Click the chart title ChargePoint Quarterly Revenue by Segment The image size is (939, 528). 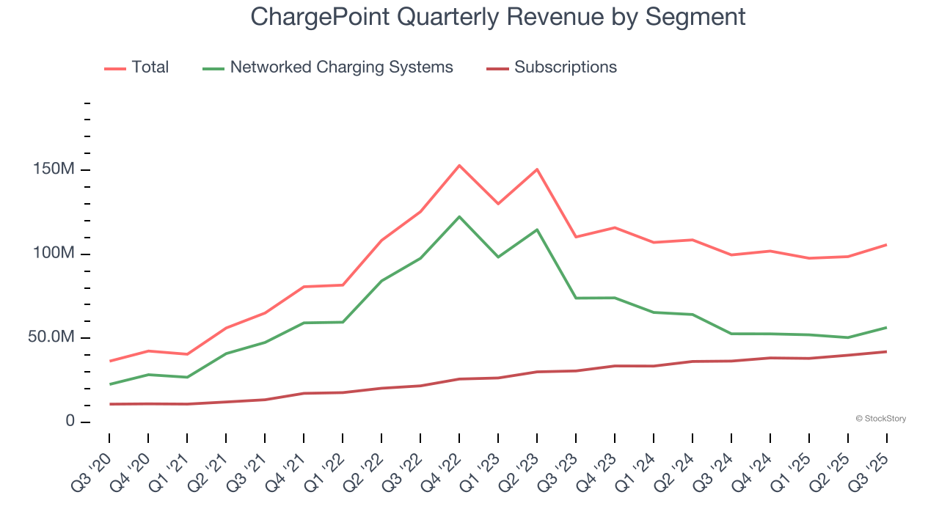[497, 16]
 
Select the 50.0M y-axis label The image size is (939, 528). [51, 337]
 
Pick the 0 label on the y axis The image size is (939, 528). [70, 422]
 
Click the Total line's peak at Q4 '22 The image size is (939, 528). [459, 166]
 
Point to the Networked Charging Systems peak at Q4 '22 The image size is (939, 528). [459, 217]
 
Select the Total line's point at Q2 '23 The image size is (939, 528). [537, 169]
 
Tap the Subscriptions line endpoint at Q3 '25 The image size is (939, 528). [886, 352]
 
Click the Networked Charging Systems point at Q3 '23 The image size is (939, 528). [576, 298]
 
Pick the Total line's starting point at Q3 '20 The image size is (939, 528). [110, 361]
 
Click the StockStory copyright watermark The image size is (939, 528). [880, 419]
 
